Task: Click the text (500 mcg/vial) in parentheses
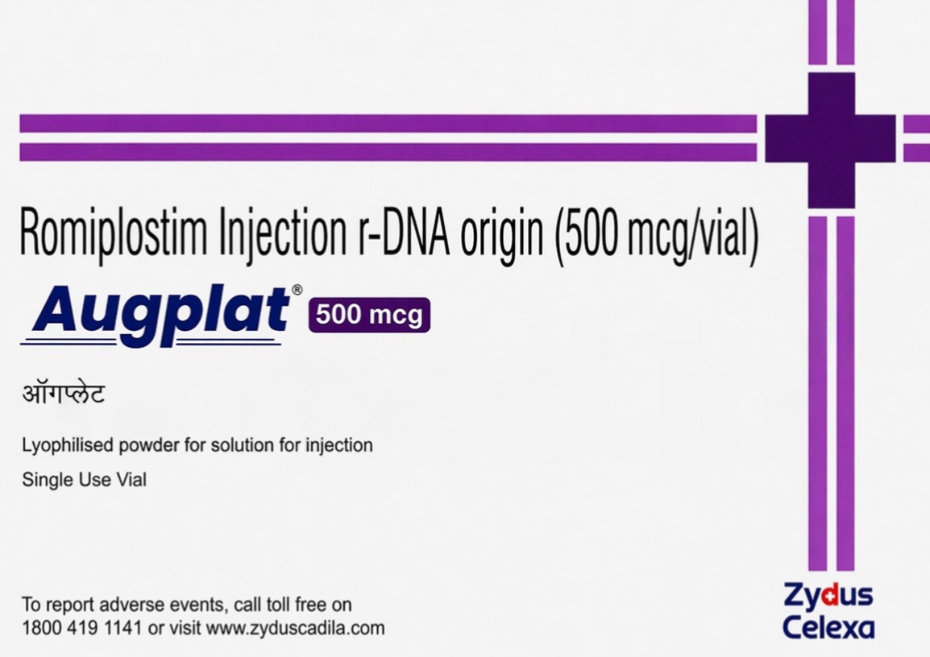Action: tap(655, 236)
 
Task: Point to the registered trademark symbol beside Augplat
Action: tap(297, 290)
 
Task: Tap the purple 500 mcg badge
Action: tap(369, 315)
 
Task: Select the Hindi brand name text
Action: tap(64, 395)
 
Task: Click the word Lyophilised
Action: tap(68, 445)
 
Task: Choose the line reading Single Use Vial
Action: tap(84, 480)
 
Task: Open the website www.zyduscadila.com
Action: tap(295, 628)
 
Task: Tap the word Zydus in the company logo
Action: tap(828, 597)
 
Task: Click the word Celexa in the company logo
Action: tap(828, 627)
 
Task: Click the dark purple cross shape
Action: tap(830, 138)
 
